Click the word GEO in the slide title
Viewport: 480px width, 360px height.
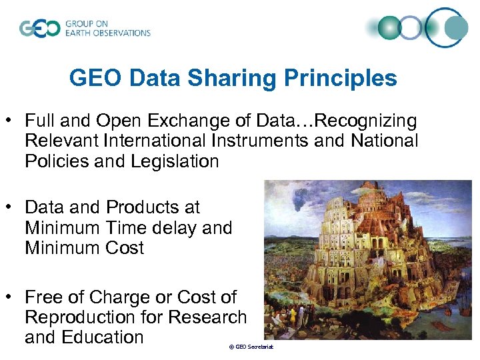(x=95, y=79)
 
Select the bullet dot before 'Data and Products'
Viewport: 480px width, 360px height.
(x=11, y=208)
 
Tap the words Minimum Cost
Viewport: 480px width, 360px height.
(x=85, y=248)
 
